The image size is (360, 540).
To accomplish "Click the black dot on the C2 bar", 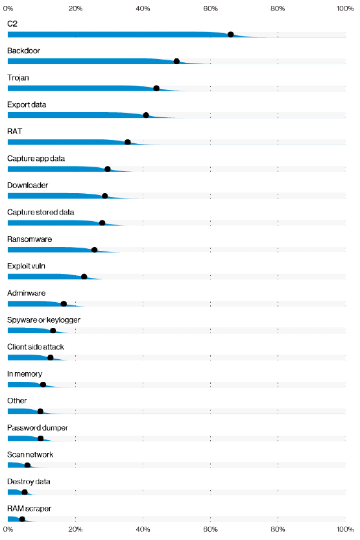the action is coord(230,34).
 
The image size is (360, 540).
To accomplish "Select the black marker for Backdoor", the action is coord(176,62).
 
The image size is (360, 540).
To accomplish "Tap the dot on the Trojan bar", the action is coord(156,88).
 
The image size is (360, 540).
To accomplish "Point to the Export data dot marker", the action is coord(146,115).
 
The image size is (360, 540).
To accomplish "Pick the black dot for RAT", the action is coord(128,142).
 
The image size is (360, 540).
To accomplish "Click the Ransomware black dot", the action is coord(95,250).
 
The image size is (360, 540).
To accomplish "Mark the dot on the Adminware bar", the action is coord(64,303).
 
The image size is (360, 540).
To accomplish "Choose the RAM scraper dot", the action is coord(22,519).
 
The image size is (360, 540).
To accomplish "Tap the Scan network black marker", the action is coord(27,465).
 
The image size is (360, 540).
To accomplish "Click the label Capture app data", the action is coord(36,158).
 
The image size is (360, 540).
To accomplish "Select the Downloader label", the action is coord(27,185).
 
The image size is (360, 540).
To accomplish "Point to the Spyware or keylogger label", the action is coord(43,320).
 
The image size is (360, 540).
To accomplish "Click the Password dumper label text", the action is coord(38,428).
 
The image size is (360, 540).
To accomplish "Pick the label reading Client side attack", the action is coord(36,347).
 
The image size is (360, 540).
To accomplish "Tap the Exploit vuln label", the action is coord(26,266).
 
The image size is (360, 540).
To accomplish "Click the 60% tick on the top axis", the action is coord(210,8).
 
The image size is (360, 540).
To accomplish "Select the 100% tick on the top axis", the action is coord(345,8).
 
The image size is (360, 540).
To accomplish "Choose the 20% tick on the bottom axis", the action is coord(75,530).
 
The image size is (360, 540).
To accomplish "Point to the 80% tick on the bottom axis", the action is coord(278,530).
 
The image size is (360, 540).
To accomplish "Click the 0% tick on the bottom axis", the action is coord(8,530).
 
